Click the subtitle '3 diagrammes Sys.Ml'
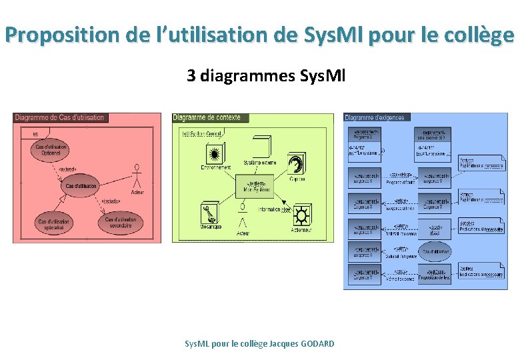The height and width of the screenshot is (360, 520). pyautogui.click(x=266, y=76)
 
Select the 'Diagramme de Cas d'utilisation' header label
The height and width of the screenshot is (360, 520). pyautogui.click(x=60, y=118)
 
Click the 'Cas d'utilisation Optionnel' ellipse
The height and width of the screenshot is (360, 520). pyautogui.click(x=51, y=150)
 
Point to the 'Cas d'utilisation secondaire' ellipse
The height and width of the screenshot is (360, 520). pyautogui.click(x=120, y=222)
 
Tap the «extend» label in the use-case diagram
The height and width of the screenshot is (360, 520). pyautogui.click(x=67, y=169)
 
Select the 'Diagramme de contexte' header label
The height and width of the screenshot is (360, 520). pyautogui.click(x=207, y=118)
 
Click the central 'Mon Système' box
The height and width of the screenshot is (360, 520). pyautogui.click(x=254, y=186)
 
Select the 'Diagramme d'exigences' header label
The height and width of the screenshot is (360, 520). pyautogui.click(x=376, y=118)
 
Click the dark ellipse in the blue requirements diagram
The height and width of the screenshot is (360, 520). pyautogui.click(x=433, y=251)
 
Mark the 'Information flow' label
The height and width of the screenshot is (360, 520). pyautogui.click(x=273, y=209)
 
